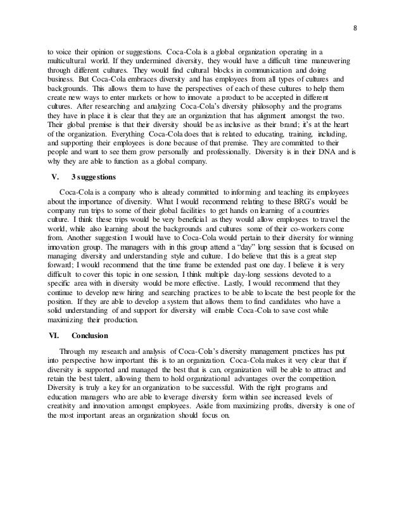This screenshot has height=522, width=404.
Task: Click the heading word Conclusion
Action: [92, 336]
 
